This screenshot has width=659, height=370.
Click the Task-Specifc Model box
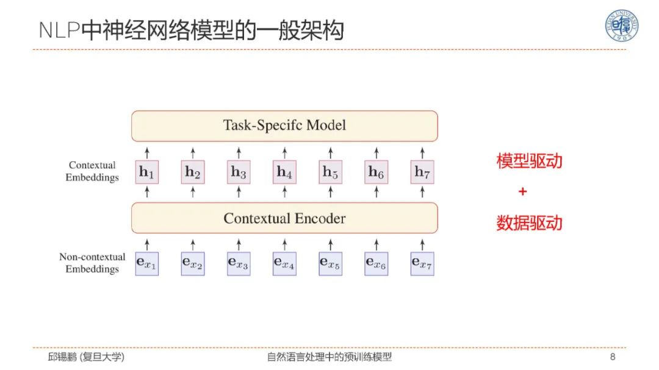pos(284,126)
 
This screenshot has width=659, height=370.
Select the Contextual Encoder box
pos(284,218)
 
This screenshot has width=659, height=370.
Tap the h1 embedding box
pos(146,173)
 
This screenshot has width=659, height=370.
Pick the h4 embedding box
pos(284,173)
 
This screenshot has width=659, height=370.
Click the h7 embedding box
pos(422,173)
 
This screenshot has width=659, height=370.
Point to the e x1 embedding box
pos(146,263)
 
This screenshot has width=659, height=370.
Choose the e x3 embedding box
pos(239,263)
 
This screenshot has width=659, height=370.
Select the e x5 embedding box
pos(330,263)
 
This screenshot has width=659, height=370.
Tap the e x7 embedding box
pos(422,263)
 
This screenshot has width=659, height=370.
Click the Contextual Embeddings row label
pos(93,171)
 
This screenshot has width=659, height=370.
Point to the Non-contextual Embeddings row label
pos(92,263)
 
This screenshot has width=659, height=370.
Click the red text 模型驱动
pos(529,162)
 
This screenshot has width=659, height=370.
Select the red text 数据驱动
pos(529,223)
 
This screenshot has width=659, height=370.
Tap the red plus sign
pos(522,192)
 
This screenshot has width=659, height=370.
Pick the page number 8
pos(613,357)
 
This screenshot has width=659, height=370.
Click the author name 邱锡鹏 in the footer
pos(63,357)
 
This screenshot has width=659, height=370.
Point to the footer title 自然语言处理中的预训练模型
pos(329,357)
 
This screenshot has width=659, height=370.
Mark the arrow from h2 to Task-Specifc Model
pos(193,152)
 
